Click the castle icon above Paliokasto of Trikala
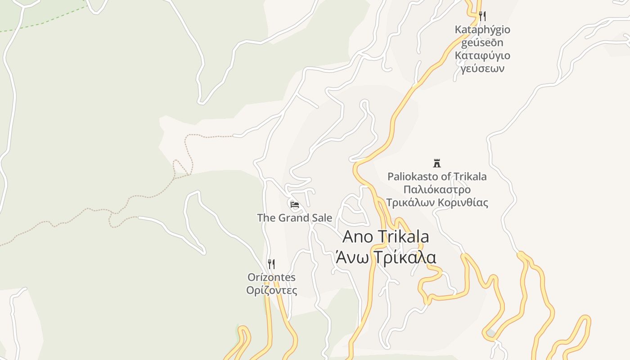click(436, 163)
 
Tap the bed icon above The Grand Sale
click(295, 205)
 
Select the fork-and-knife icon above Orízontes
click(271, 264)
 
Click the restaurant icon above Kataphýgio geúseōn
click(482, 16)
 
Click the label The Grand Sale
click(294, 218)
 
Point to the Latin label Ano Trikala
click(386, 237)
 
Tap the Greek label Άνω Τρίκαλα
click(386, 258)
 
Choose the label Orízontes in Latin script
click(271, 277)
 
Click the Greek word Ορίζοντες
click(271, 290)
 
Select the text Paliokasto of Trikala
click(437, 176)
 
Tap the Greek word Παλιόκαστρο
click(437, 189)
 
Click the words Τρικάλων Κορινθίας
click(437, 202)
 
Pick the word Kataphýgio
click(482, 30)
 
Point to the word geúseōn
click(482, 43)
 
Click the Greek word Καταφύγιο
click(482, 56)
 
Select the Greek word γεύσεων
click(482, 69)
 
